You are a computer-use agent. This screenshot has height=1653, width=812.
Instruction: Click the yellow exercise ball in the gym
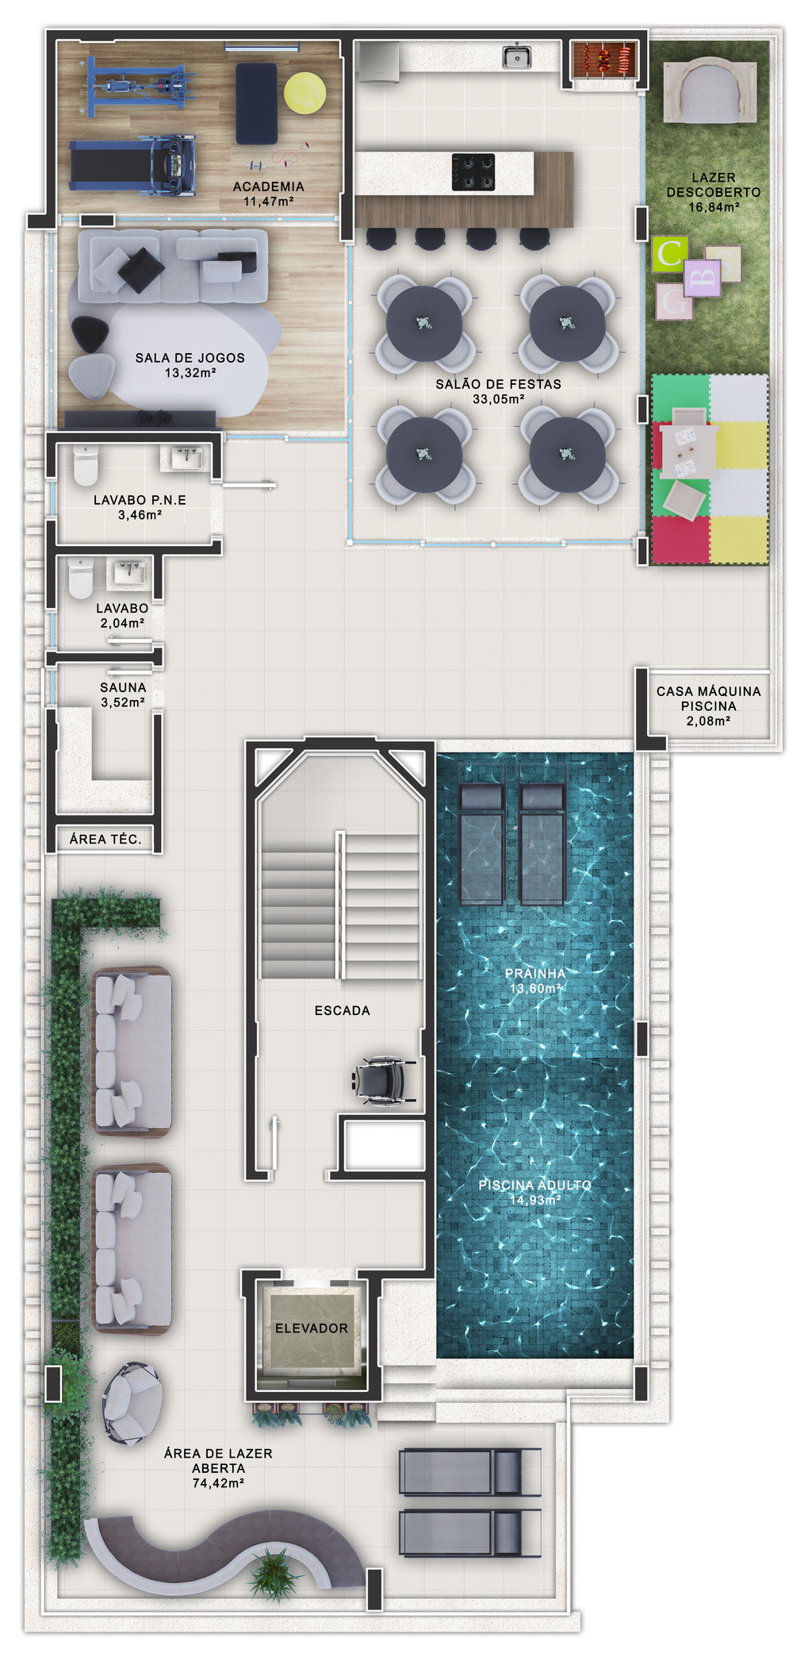point(305,93)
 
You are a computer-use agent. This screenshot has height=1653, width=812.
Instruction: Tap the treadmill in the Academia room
point(132,166)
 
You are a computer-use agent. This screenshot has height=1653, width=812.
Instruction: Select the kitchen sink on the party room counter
point(517,56)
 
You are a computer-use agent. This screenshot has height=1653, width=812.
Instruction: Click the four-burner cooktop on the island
point(473,172)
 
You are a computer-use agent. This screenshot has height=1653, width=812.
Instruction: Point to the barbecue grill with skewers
point(605,58)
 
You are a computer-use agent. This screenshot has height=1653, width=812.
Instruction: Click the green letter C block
point(670,253)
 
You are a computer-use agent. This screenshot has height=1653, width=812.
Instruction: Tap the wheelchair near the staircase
point(384,1080)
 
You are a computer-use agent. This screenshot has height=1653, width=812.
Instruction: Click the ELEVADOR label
point(312,1328)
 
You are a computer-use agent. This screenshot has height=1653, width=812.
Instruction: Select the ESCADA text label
point(342,1010)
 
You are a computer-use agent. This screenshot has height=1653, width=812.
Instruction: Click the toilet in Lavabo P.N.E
point(85,464)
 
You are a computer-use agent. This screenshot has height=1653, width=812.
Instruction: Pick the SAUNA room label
point(123,687)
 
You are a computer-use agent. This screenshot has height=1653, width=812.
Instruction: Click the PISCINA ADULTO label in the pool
point(534,1185)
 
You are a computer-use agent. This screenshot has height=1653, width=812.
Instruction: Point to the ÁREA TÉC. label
point(105,839)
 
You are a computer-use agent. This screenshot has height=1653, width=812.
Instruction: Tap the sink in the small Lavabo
point(128,571)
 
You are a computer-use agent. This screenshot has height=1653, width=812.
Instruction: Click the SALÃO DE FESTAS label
point(498,384)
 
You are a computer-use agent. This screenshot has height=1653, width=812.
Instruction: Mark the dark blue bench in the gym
point(256,103)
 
